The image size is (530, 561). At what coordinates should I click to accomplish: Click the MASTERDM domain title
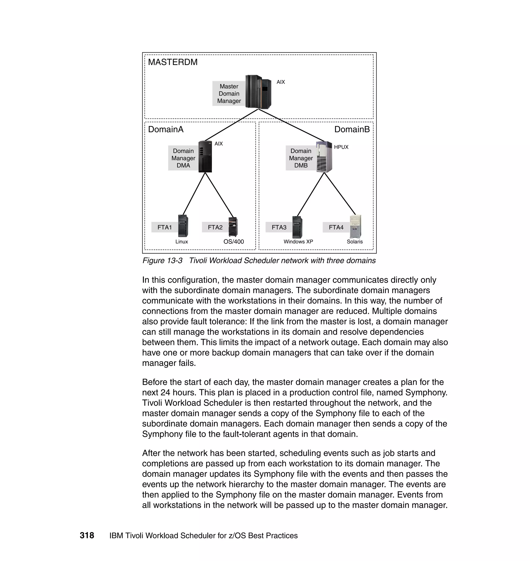[173, 62]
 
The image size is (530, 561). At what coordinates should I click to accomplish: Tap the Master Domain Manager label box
[229, 93]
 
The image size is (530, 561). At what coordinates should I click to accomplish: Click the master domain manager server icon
[258, 92]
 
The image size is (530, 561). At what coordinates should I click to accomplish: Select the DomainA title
[166, 129]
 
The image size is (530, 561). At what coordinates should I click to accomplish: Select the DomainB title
[352, 129]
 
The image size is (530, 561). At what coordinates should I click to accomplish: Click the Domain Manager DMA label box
[183, 158]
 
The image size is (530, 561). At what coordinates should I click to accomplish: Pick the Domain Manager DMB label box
[301, 158]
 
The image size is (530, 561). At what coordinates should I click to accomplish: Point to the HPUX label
[341, 147]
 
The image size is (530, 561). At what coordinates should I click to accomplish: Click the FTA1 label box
[164, 227]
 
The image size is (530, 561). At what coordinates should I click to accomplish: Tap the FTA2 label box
[215, 227]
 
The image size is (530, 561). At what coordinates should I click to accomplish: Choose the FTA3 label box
[279, 227]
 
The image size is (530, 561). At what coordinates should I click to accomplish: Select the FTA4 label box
[336, 227]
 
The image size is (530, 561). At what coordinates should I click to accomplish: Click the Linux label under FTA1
[181, 242]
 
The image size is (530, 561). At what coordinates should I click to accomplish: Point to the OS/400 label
[233, 242]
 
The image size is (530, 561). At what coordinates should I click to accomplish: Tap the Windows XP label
[298, 242]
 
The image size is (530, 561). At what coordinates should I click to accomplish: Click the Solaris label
[355, 242]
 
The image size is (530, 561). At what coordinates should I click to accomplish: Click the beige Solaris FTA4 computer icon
[355, 227]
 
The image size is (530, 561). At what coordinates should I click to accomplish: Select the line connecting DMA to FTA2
[219, 195]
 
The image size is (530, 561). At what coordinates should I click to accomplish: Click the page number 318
[87, 536]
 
